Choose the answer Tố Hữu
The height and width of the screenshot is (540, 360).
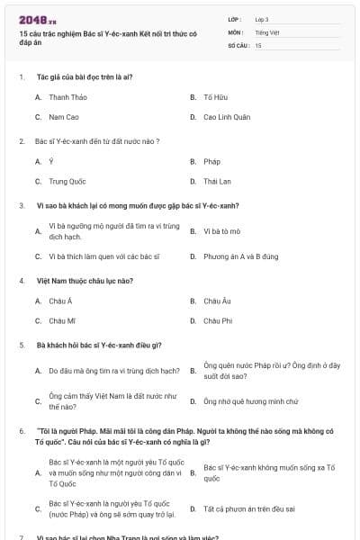pos(212,96)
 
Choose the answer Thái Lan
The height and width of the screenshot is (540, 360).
pos(217,181)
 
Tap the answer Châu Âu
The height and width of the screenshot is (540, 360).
pos(217,301)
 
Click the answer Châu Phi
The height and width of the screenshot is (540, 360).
pos(218,320)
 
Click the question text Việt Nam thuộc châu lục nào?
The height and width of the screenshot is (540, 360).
pos(85,281)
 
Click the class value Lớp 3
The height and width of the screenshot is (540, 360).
pos(261,19)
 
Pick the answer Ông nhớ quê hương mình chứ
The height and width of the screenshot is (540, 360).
pos(238,400)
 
